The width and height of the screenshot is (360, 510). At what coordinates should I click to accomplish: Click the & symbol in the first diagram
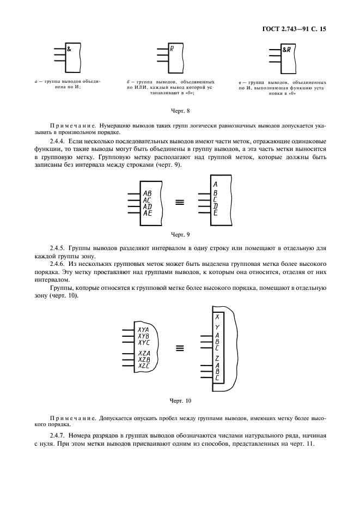[69, 49]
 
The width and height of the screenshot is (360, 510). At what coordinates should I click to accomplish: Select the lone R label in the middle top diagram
[172, 49]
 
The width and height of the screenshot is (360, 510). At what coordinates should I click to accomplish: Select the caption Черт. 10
[180, 400]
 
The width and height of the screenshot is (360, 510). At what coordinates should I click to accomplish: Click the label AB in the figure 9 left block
[147, 193]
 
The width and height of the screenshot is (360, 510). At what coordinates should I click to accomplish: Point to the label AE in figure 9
[147, 213]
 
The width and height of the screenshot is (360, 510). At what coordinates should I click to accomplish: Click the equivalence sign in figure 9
[179, 203]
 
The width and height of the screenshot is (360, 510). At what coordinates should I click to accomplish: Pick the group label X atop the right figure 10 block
[217, 317]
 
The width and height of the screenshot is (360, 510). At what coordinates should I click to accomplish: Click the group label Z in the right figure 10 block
[217, 358]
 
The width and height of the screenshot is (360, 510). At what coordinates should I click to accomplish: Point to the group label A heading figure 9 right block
[215, 184]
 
